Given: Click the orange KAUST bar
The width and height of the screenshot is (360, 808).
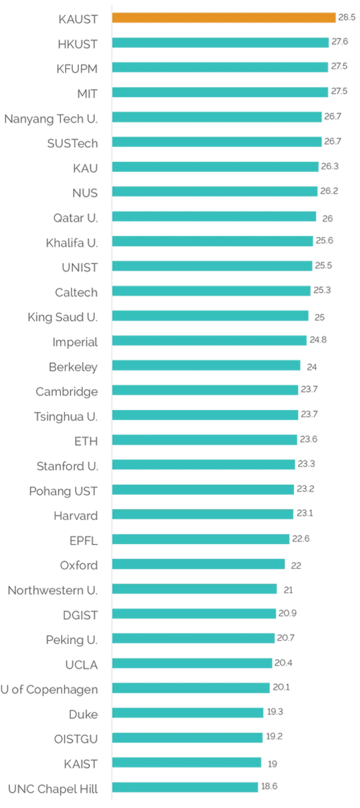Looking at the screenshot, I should tap(224, 18).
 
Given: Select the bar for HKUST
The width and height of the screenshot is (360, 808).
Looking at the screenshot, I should tap(221, 42).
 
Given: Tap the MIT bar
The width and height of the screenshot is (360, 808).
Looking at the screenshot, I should tap(221, 92).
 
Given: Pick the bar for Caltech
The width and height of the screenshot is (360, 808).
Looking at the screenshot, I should tap(212, 291).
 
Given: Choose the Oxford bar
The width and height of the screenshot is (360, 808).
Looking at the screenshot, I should tap(199, 564).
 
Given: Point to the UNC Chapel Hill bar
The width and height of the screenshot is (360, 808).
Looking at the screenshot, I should tap(186, 787).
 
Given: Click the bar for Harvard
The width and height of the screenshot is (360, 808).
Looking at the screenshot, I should tap(203, 514).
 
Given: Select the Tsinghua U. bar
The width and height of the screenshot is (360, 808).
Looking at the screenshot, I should tap(206, 415).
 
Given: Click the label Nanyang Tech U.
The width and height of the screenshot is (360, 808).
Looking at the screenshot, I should tap(50, 119).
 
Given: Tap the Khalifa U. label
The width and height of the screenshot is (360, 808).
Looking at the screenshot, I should tap(72, 243).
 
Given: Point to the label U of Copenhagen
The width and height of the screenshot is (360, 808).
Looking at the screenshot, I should tap(50, 689).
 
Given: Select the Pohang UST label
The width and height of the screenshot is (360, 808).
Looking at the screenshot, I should tap(63, 491).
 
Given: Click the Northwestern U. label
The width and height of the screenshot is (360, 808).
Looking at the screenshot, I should tap(52, 590).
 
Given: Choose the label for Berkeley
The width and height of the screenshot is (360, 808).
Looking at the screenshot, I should tap(73, 367).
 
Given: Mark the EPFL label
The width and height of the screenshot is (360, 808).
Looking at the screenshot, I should tap(83, 540).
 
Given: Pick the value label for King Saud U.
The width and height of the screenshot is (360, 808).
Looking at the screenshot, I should tap(319, 318).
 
